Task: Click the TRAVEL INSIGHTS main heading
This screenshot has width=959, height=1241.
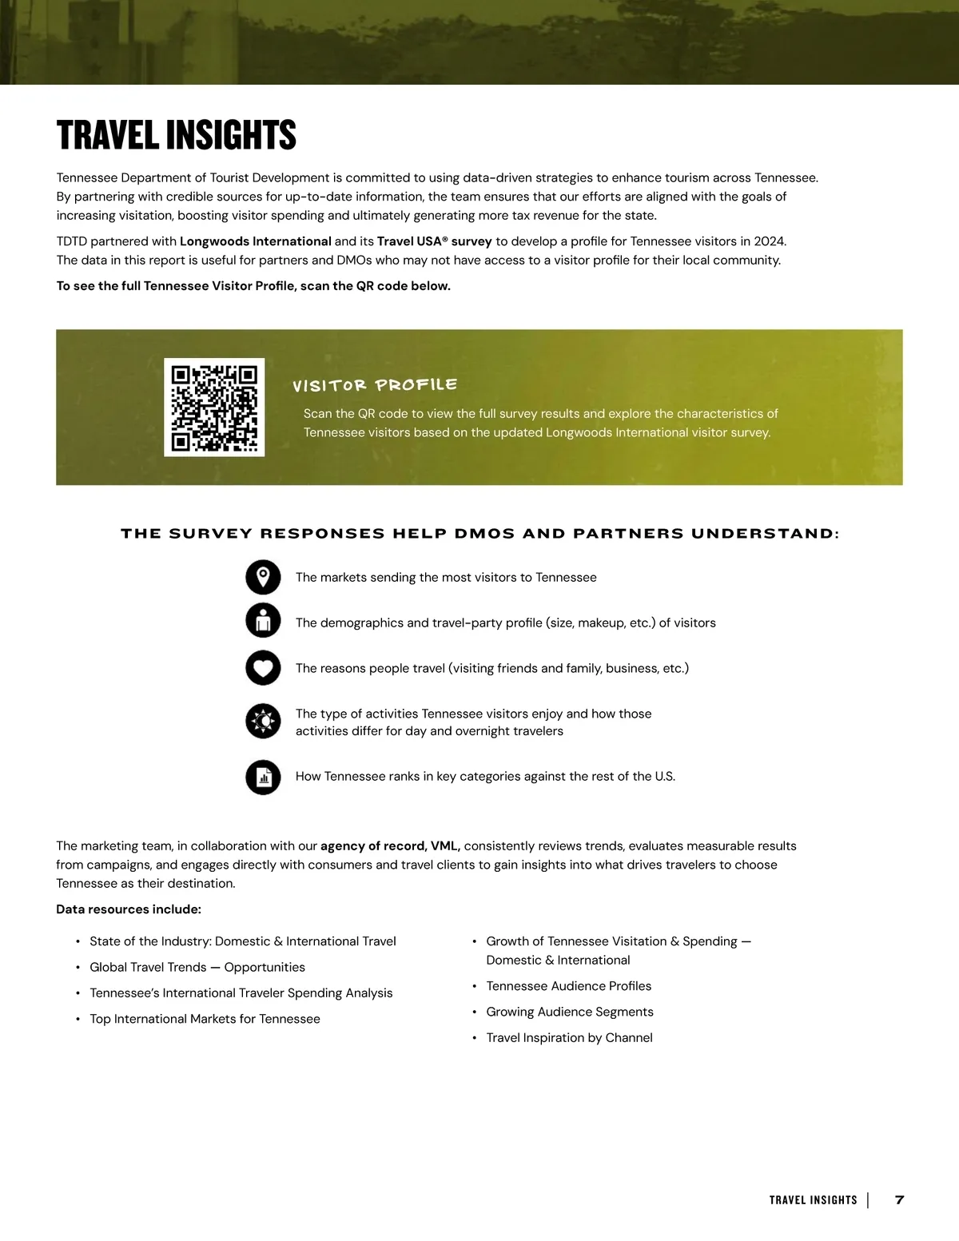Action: click(177, 135)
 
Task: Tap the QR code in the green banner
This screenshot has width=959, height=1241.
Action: click(214, 408)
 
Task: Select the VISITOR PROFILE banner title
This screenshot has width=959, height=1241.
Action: click(375, 385)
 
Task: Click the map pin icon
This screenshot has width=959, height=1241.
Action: click(263, 577)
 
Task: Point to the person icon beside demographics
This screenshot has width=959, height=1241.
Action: click(263, 620)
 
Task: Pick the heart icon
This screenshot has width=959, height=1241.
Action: click(263, 667)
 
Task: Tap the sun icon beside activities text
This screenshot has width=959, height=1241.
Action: click(263, 722)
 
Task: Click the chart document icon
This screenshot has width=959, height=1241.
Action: click(263, 777)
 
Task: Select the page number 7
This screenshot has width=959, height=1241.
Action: click(899, 1199)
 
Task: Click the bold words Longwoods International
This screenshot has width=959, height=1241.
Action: click(256, 241)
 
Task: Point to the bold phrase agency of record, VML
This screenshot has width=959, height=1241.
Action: click(390, 845)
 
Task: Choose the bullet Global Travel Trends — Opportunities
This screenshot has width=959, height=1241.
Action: click(197, 967)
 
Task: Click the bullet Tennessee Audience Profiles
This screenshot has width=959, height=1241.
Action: click(569, 986)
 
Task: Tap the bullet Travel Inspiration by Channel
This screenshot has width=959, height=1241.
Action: click(569, 1037)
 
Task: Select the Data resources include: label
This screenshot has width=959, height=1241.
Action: click(129, 909)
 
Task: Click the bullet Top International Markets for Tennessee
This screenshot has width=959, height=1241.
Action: click(205, 1019)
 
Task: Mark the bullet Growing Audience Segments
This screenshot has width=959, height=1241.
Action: click(570, 1012)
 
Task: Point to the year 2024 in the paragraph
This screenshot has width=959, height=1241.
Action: click(770, 241)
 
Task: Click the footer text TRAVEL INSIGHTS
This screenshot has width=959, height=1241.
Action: click(813, 1200)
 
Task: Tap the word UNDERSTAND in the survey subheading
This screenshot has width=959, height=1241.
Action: click(763, 533)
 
